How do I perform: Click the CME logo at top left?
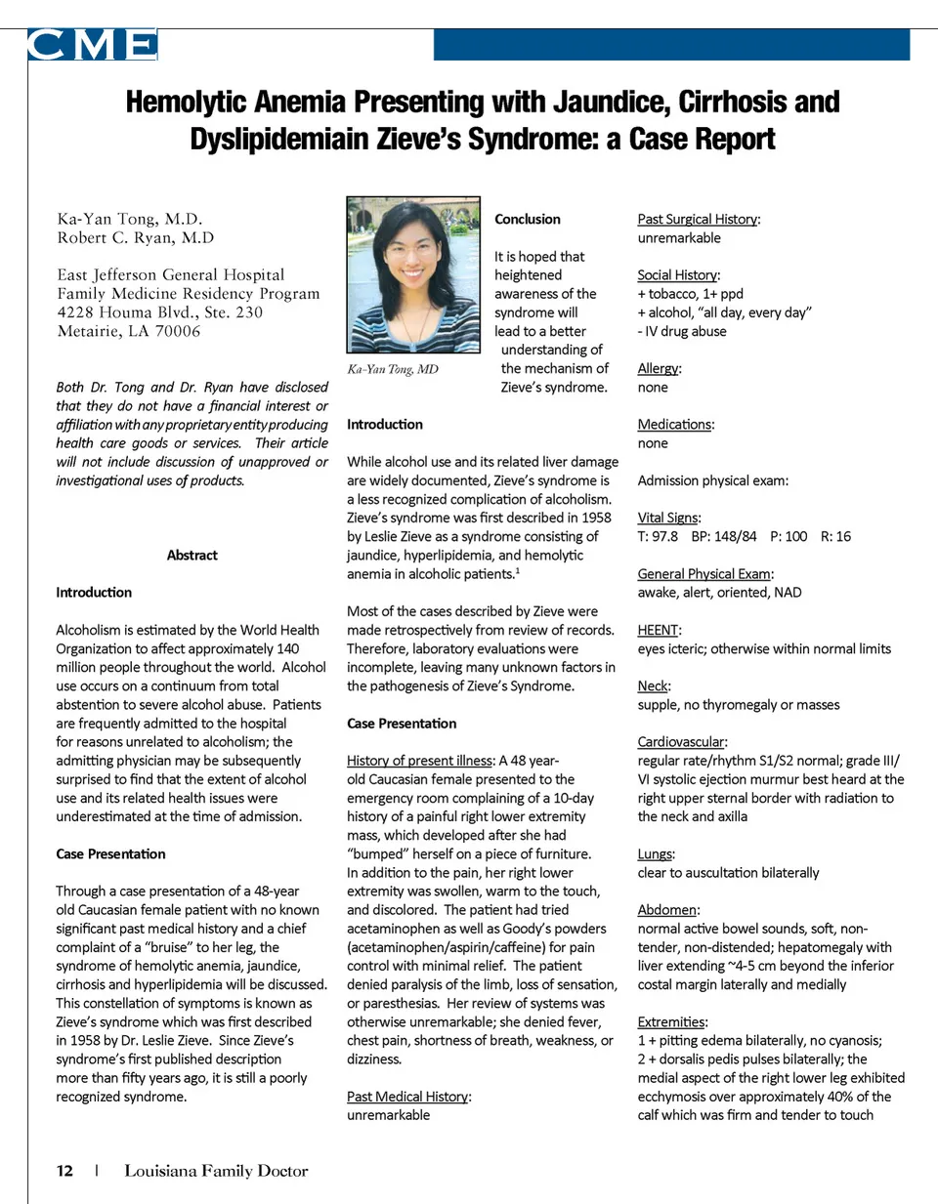tap(92, 45)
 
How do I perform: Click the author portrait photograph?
tap(413, 274)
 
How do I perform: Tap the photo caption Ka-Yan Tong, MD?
tap(393, 369)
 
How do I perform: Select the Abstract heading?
tap(192, 555)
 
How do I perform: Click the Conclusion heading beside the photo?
tap(528, 219)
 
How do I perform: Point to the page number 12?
tap(64, 1170)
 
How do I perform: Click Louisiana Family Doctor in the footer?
tap(216, 1170)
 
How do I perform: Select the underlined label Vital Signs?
tap(668, 518)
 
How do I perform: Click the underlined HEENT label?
tap(658, 630)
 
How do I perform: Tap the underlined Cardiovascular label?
tap(681, 742)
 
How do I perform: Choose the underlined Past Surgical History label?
tap(698, 219)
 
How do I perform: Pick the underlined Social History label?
tap(678, 275)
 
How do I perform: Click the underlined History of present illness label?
tap(420, 761)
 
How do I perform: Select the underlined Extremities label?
tap(671, 1021)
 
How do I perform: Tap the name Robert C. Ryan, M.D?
tap(135, 237)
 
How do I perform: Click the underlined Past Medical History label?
tap(407, 1097)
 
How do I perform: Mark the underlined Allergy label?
tap(659, 368)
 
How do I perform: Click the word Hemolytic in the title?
tap(187, 103)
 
